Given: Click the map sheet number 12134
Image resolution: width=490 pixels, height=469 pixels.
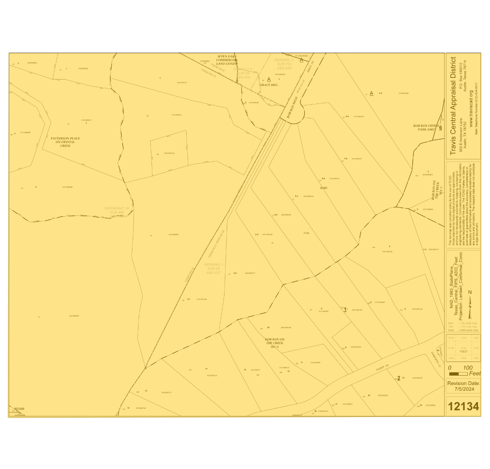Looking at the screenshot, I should (463, 406).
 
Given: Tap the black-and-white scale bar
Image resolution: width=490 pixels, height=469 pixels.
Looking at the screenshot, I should (458, 374).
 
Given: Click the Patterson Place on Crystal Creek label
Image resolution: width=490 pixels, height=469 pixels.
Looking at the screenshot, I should (65, 142).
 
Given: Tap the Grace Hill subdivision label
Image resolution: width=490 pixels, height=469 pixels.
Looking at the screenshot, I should (269, 85).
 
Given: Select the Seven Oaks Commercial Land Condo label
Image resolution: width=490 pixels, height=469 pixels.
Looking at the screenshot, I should (227, 60).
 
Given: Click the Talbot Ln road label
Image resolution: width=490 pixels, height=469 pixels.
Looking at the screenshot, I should (382, 367).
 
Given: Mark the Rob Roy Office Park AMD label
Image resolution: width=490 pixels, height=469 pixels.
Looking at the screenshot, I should (426, 128).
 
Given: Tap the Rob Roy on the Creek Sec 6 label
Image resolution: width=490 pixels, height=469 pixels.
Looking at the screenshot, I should (275, 343).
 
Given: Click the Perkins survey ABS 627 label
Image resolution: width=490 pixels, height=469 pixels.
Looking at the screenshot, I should (213, 269).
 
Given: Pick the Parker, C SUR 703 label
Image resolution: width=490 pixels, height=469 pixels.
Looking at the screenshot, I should (284, 64).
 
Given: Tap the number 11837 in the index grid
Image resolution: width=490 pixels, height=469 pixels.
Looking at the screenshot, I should (463, 351).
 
